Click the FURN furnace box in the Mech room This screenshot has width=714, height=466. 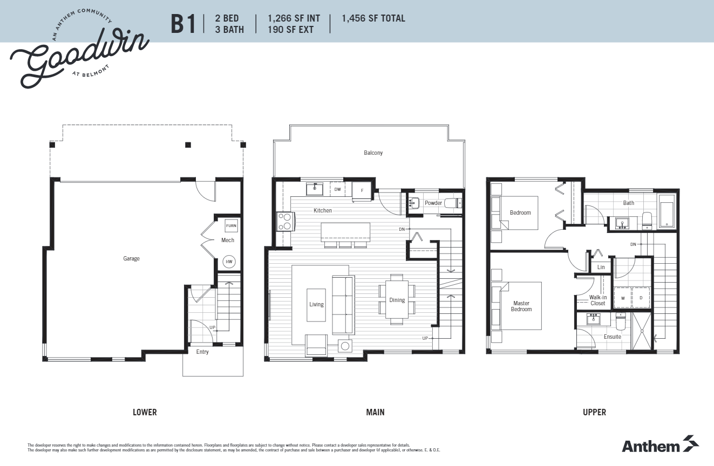pos(231,225)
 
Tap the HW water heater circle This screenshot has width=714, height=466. pos(229,262)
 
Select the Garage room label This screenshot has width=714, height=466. pos(131,258)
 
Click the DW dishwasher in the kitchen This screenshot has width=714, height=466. pos(337,189)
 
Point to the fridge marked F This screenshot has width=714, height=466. pos(362,190)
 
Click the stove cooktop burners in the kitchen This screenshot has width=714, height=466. pos(285,222)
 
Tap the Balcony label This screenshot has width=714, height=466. pos(373,153)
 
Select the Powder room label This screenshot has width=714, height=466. pos(433,203)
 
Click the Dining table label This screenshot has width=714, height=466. pos(397,300)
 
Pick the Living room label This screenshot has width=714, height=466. pos(316,304)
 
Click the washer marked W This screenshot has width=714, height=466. pos(623,297)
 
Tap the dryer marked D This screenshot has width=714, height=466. pos(641,297)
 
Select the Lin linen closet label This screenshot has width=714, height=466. pos(601,267)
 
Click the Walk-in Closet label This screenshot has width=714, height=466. pos(597,300)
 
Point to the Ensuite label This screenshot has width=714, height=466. pos(613,337)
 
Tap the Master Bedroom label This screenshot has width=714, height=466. pos(521,306)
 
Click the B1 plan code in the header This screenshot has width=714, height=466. pos(183,24)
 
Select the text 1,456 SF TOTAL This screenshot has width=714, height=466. pos(373,18)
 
